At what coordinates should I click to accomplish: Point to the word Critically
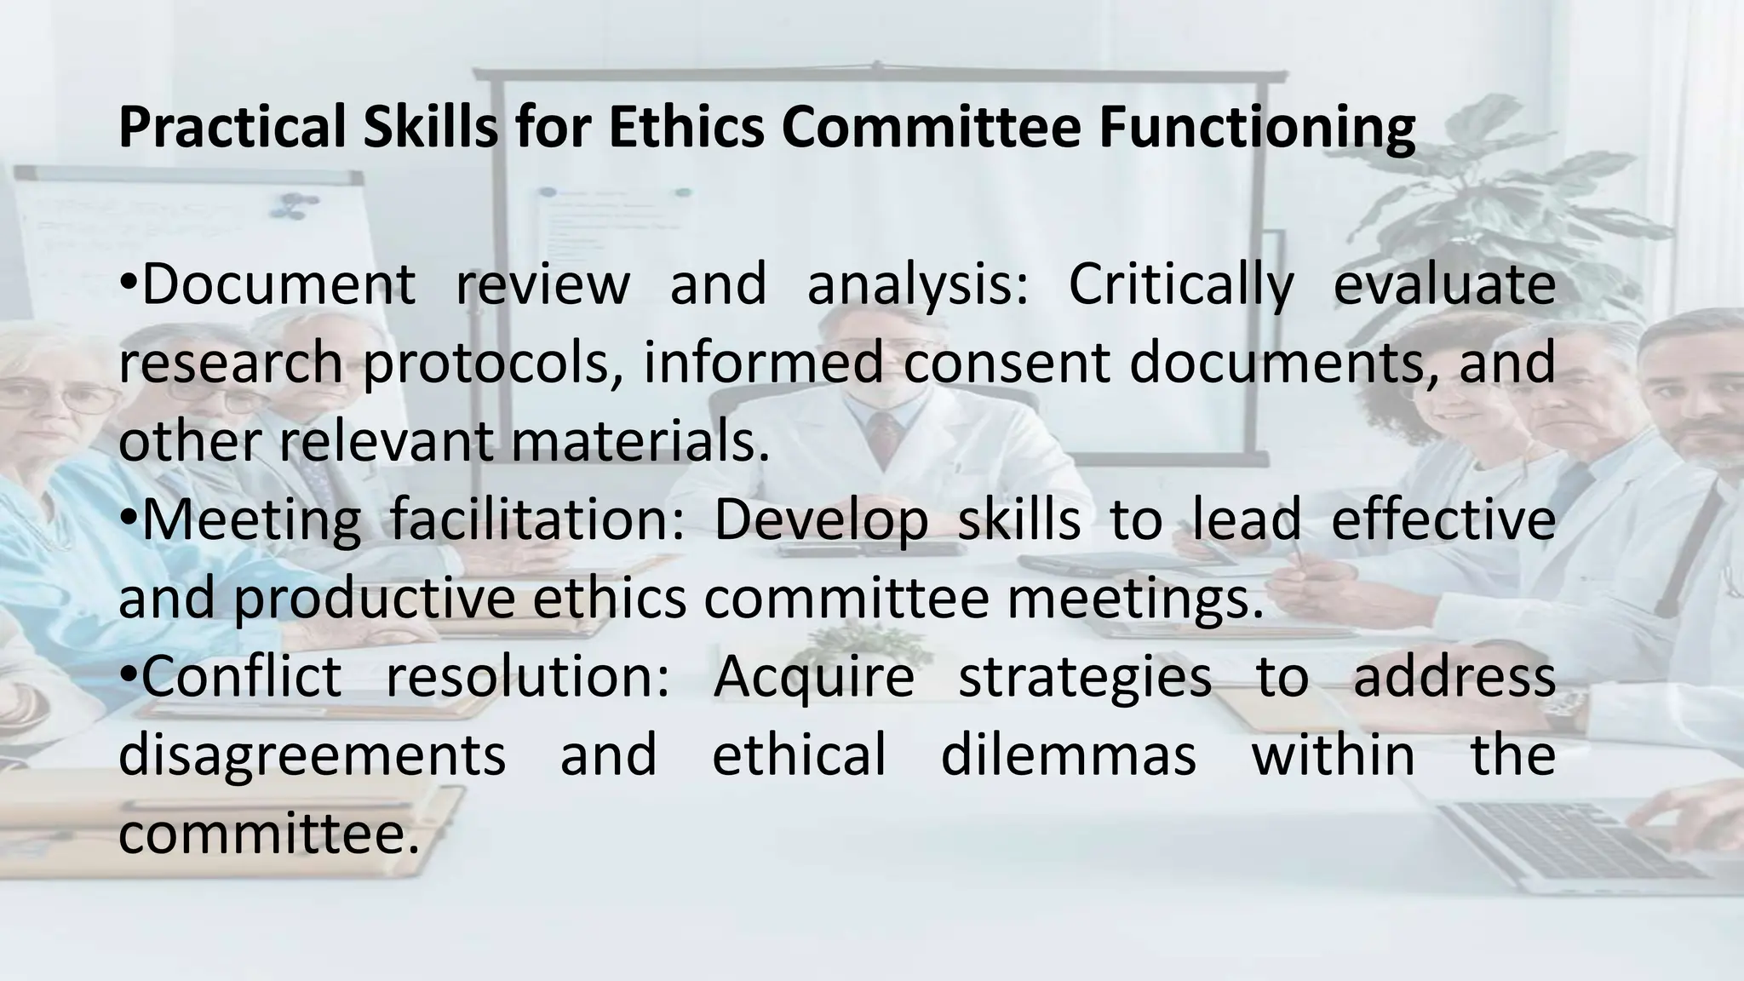click(1180, 284)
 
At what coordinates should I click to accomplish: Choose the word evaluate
click(1444, 284)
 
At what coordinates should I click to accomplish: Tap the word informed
click(763, 363)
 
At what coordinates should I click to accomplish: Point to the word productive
click(374, 598)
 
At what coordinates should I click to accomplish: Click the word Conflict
click(241, 676)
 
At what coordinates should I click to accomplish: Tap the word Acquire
click(814, 676)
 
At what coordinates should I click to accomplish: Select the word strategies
click(1085, 676)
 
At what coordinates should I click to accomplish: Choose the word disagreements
click(312, 754)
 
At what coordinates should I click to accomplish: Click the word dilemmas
click(1068, 754)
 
